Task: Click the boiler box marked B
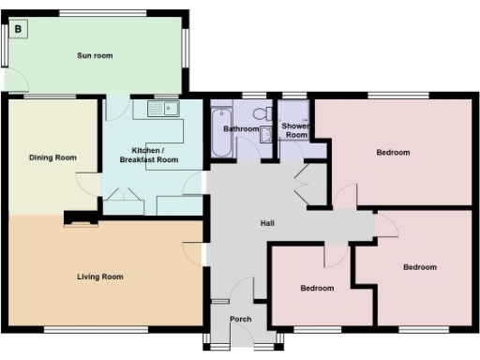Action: pos(20,30)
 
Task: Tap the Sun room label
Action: pos(95,56)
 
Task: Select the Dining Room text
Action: pos(52,157)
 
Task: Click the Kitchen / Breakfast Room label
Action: pos(155,156)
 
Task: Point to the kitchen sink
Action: pos(163,110)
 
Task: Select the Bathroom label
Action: pos(241,128)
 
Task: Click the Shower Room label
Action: pos(296,130)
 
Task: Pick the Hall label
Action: pos(267,223)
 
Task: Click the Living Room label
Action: pos(100,277)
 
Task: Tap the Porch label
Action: pos(240,319)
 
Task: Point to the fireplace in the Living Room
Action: pos(80,221)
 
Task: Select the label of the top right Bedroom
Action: pos(393,152)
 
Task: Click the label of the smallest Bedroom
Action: pos(318,288)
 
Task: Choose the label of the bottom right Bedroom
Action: pos(419,267)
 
